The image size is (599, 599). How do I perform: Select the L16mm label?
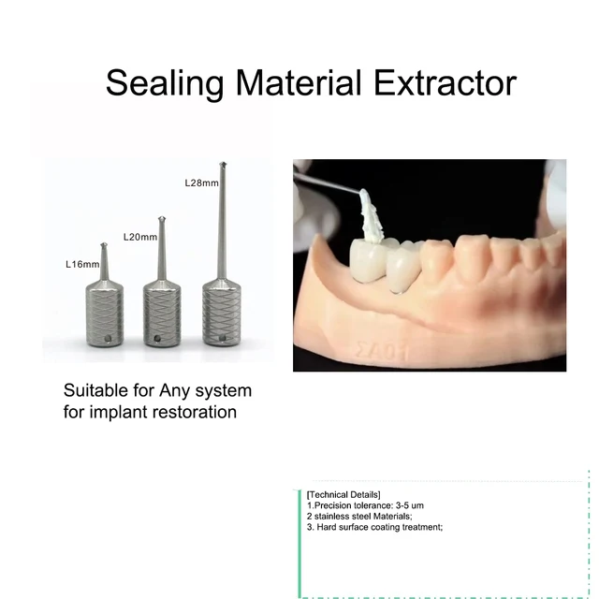click(x=82, y=265)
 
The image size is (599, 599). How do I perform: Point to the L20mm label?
click(x=140, y=237)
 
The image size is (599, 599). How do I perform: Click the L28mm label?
click(x=201, y=182)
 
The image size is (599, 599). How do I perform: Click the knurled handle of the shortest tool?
click(x=104, y=314)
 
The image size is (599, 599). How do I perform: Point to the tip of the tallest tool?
click(x=223, y=167)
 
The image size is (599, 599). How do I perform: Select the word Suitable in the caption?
click(x=94, y=390)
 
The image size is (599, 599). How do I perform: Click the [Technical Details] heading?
click(x=343, y=494)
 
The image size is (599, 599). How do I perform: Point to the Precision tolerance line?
click(x=365, y=505)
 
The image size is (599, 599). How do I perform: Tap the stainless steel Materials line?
click(x=359, y=516)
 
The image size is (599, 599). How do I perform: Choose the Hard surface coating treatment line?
click(x=374, y=527)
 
